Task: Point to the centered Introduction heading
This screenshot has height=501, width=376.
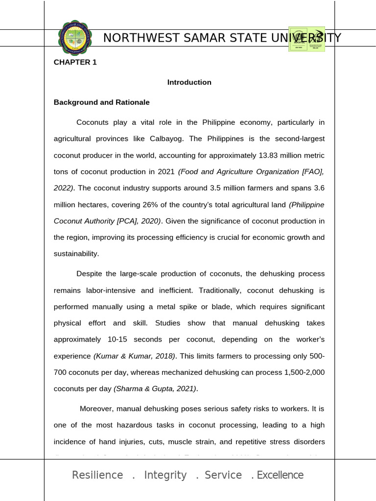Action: pos(189,82)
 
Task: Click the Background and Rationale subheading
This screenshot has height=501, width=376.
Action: pos(101,102)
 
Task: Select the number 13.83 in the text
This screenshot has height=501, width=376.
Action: pos(266,156)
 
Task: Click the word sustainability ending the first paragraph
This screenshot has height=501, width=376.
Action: pos(75,253)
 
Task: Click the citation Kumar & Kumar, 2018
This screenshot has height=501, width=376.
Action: pos(134,356)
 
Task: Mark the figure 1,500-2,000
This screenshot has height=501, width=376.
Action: pos(304,372)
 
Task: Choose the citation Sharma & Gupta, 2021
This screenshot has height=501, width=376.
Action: pos(155,389)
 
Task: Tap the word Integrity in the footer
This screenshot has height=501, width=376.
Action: pos(165,475)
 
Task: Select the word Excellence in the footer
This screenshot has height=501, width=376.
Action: pos(280,475)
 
